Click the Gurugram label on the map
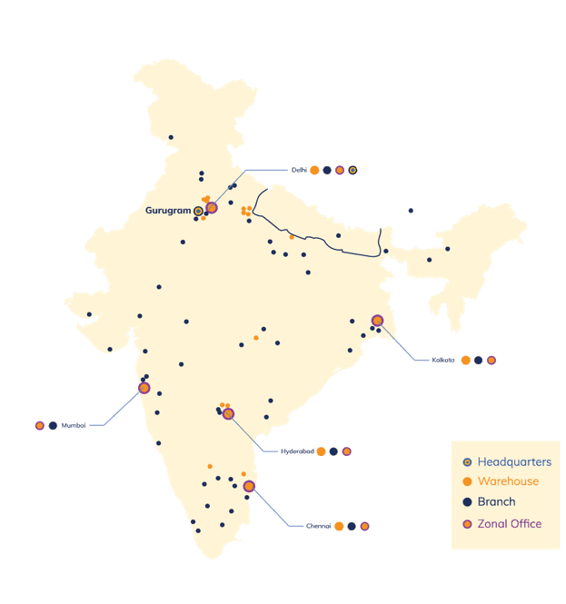168,211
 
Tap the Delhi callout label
298,170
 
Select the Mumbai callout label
73,425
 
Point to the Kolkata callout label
443,361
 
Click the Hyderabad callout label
296,451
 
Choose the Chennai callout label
318,526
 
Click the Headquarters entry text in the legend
513,462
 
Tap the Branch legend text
496,502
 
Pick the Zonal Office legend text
509,524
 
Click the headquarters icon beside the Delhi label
353,170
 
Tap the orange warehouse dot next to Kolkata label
466,361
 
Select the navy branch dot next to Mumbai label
53,425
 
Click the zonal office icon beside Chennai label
364,526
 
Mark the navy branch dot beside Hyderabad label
333,451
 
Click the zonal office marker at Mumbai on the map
144,388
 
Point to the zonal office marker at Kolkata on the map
377,321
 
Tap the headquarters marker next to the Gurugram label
198,212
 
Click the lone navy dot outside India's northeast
411,211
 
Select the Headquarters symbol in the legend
467,462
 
